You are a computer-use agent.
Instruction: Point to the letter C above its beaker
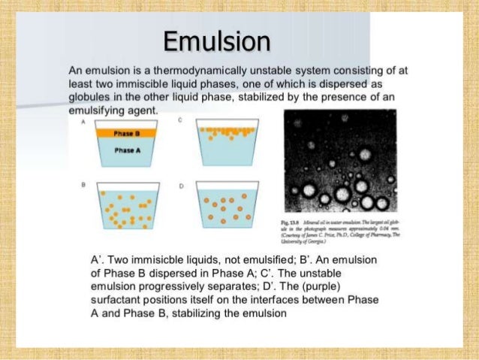pyautogui.click(x=180, y=120)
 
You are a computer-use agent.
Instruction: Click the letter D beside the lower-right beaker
pyautogui.click(x=180, y=185)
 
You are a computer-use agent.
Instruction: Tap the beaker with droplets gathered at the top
pyautogui.click(x=222, y=142)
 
